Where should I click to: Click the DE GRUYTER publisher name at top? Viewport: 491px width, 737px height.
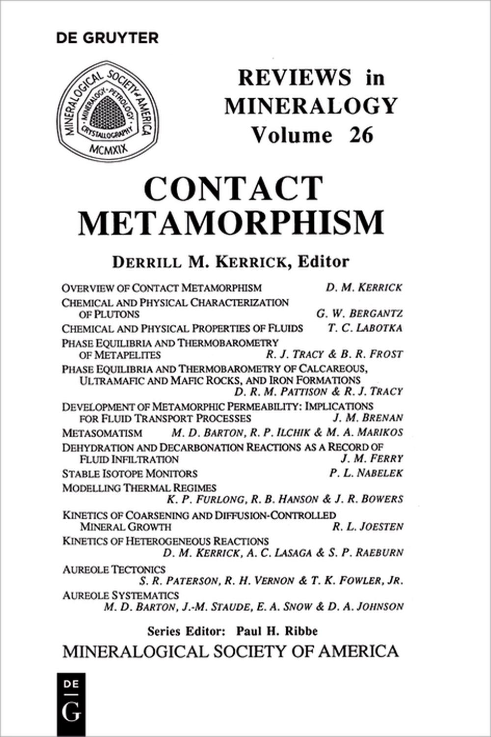coord(108,38)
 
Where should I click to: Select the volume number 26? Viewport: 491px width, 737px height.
coord(361,134)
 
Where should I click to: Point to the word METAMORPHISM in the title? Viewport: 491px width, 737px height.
coord(231,223)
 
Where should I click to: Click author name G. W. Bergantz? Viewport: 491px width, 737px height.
coord(359,314)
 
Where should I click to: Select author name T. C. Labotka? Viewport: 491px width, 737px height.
coord(365,328)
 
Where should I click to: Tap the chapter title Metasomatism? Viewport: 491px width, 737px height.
coord(102,433)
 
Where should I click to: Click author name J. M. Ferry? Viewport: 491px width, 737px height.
coord(372,459)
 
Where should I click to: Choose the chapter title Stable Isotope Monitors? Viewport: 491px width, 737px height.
coord(130,474)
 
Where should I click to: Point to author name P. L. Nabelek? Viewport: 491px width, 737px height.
coord(366,473)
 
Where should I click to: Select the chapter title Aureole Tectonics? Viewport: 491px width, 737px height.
coord(114,569)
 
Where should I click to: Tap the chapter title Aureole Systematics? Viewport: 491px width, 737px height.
coord(119,595)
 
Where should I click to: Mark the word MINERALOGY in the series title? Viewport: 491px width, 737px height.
coord(311,105)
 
